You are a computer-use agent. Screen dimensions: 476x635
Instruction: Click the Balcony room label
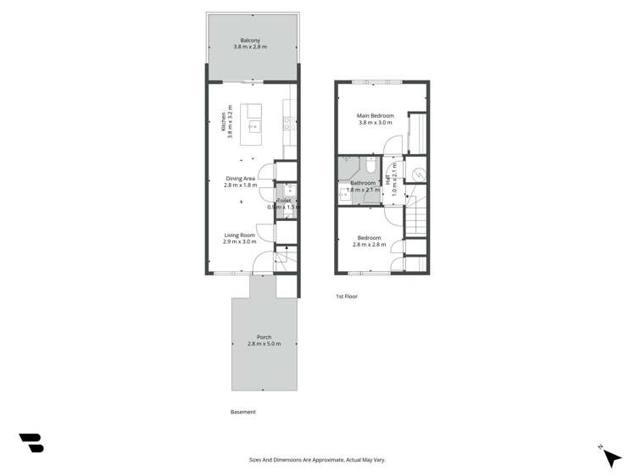pyautogui.click(x=249, y=41)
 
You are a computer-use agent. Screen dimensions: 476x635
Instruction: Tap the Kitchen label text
pyautogui.click(x=224, y=122)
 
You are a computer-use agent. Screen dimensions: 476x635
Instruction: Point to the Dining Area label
pyautogui.click(x=240, y=179)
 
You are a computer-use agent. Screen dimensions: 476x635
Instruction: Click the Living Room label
pyautogui.click(x=240, y=235)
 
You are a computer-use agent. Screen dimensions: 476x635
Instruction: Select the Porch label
pyautogui.click(x=265, y=337)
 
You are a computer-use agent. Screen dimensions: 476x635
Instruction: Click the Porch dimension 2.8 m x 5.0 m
pyautogui.click(x=265, y=344)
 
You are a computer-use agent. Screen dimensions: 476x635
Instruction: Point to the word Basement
pyautogui.click(x=242, y=412)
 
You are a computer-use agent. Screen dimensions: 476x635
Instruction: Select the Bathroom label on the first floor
pyautogui.click(x=363, y=183)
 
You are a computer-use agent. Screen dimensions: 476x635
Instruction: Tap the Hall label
pyautogui.click(x=389, y=180)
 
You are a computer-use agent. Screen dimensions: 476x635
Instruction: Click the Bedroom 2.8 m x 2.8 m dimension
pyautogui.click(x=369, y=245)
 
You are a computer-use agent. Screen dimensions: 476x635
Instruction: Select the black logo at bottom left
pyautogui.click(x=31, y=442)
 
